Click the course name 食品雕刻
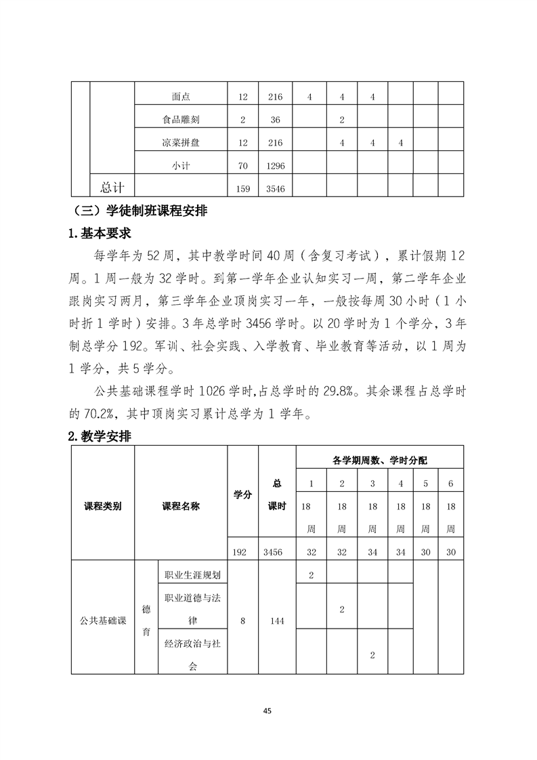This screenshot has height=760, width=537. [181, 120]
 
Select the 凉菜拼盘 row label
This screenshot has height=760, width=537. [181, 143]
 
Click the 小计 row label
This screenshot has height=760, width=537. [181, 166]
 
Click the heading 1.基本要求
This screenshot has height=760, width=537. [100, 234]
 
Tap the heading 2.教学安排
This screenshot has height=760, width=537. [100, 437]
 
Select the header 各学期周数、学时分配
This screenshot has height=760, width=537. [380, 460]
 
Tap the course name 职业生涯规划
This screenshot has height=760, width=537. [193, 574]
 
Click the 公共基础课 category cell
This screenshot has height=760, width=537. [103, 620]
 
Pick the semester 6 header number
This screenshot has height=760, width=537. [451, 484]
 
